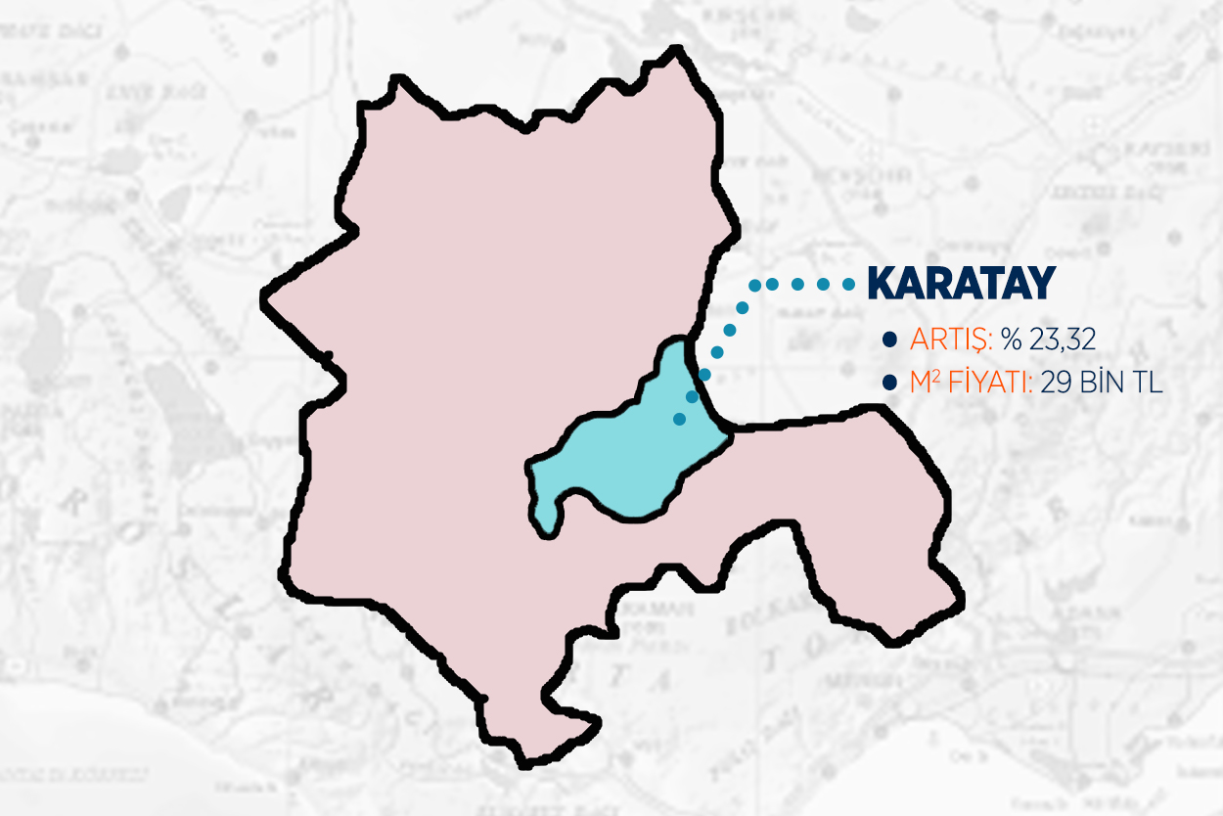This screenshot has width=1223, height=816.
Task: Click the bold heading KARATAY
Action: tap(961, 284)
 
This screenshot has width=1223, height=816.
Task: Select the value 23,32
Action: tap(1060, 340)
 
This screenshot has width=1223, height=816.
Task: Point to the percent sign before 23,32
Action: tap(1012, 340)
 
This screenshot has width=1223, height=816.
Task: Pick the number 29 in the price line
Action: tap(1055, 384)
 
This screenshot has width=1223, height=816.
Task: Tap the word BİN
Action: tap(1101, 384)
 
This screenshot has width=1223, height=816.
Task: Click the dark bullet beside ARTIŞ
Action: tap(889, 340)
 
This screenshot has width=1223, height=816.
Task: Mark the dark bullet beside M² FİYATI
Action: tap(889, 384)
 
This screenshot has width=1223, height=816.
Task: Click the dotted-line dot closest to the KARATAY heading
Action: tap(848, 284)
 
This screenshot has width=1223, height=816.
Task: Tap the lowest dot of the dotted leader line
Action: tap(679, 419)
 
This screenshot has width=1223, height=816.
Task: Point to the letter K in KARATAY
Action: tap(882, 284)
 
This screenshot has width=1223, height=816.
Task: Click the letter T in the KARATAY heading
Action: tap(979, 284)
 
